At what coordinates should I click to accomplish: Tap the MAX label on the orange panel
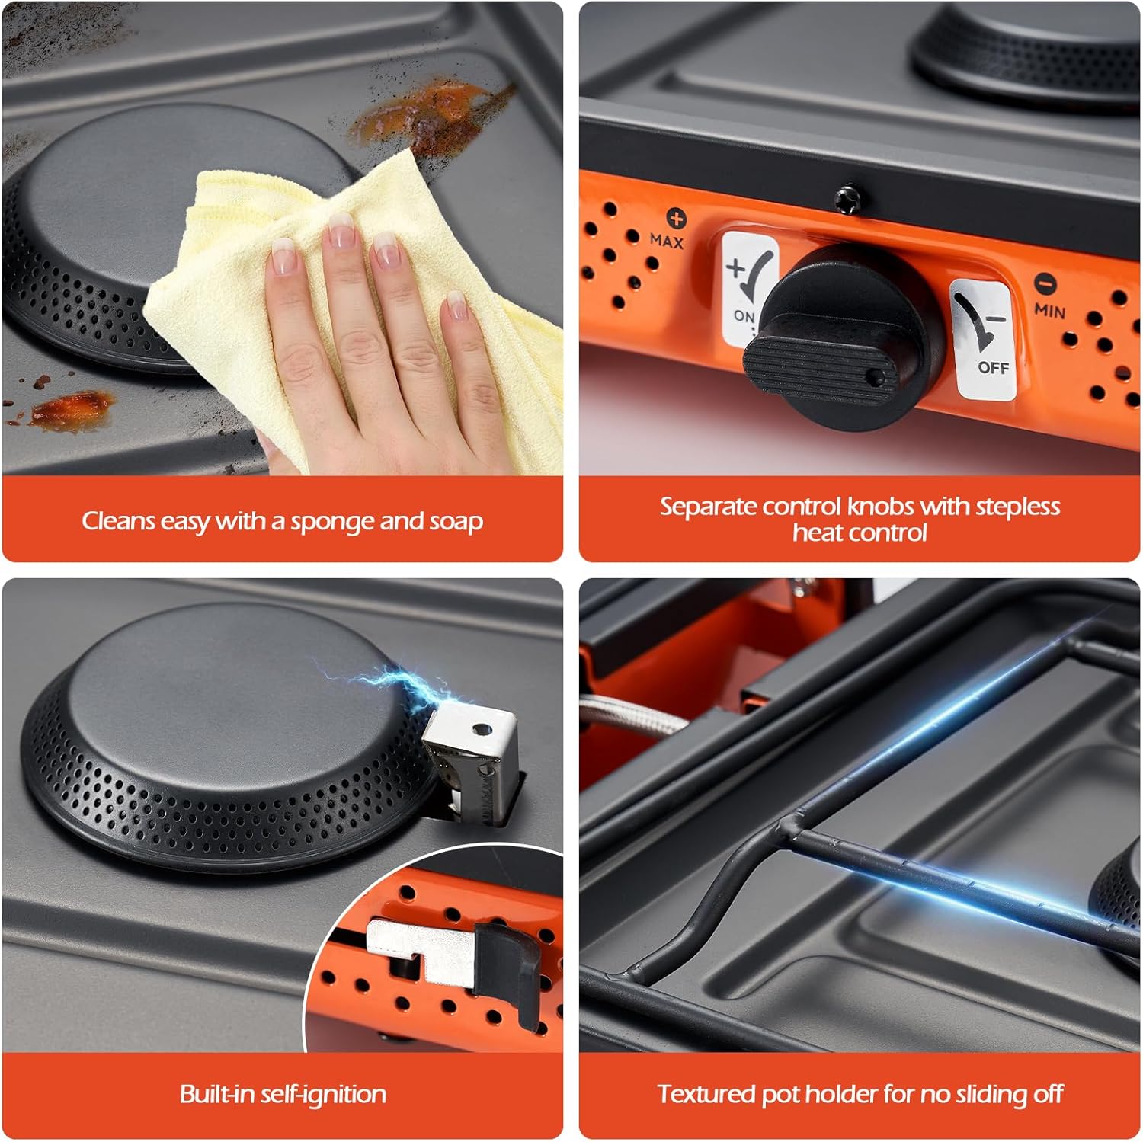pos(667,241)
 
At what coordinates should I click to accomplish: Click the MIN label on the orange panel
pos(1050,310)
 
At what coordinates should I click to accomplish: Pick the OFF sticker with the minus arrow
pos(984,340)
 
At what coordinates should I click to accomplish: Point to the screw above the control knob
pos(844,200)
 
